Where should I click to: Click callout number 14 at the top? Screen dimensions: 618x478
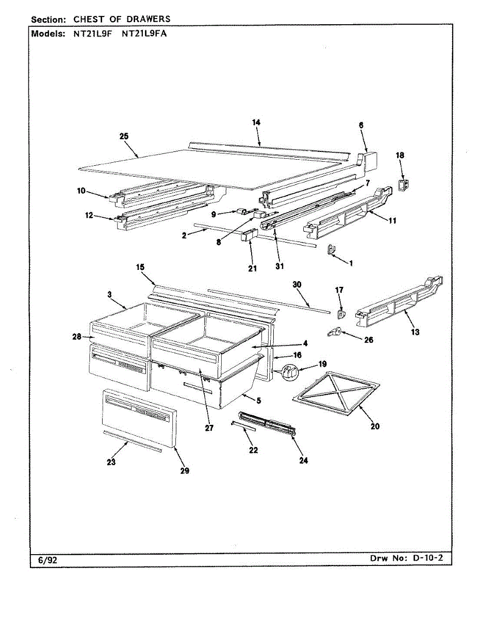pos(256,123)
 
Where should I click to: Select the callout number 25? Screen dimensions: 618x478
pos(124,136)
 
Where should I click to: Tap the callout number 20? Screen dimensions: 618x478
pos(375,426)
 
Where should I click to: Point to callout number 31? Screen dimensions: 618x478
pos(279,266)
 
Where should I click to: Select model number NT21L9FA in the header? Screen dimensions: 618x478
pos(144,35)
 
